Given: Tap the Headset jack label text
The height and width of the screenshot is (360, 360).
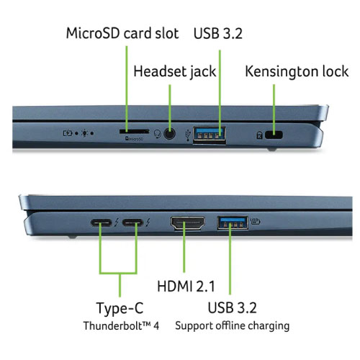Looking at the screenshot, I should click(180, 71).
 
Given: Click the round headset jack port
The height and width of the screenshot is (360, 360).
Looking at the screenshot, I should click(170, 133).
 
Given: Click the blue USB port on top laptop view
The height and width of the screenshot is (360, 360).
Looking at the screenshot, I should click(209, 133).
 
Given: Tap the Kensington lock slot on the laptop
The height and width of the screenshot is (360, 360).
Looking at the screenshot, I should click(274, 135).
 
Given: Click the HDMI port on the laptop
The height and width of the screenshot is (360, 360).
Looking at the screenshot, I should click(187, 225).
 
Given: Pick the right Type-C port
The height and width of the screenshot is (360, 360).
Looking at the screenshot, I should click(134, 224).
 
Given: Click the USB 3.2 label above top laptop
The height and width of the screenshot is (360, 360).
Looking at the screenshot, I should click(220, 33).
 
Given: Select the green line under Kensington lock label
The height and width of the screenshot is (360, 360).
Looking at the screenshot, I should click(274, 104).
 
